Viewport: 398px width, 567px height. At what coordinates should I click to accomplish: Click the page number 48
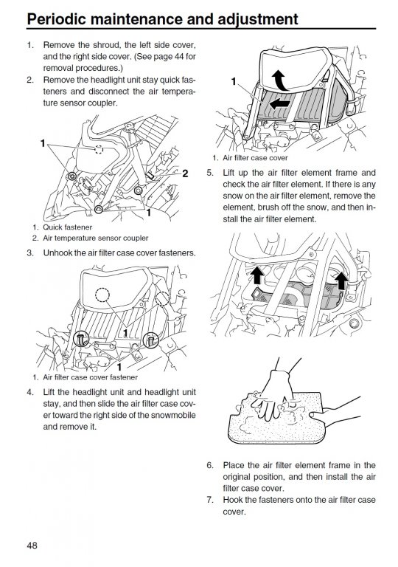click(x=32, y=545)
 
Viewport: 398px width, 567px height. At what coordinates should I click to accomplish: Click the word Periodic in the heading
click(x=56, y=18)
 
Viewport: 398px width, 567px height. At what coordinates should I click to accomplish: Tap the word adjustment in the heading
click(x=258, y=19)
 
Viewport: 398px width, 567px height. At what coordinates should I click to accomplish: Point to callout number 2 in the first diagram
click(x=185, y=173)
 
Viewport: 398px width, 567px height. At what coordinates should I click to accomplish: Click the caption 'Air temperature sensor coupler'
click(x=95, y=238)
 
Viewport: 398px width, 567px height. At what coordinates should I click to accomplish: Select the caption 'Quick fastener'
click(x=68, y=227)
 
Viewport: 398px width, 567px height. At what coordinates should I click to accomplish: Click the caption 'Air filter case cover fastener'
click(x=91, y=377)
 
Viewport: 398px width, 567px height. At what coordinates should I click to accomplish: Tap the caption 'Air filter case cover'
click(x=255, y=158)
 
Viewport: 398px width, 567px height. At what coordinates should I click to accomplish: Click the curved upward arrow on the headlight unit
click(x=279, y=80)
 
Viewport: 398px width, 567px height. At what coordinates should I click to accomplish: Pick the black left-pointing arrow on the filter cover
click(x=279, y=104)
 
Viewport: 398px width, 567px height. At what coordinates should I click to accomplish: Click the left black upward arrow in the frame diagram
click(x=256, y=275)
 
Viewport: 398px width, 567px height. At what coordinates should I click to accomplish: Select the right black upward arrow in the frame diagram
click(x=341, y=281)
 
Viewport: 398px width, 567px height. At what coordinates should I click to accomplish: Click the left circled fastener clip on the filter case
click(x=81, y=339)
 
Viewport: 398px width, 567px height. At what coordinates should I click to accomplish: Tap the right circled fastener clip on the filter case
click(x=150, y=340)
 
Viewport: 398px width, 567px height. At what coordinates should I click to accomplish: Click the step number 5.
click(x=210, y=173)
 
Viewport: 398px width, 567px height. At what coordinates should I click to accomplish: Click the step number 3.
click(x=30, y=252)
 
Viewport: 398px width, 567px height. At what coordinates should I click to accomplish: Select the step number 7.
click(x=210, y=500)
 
